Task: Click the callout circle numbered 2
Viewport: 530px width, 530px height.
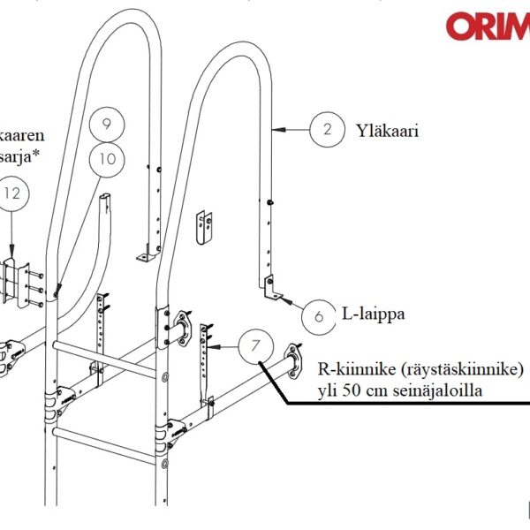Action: [327, 129]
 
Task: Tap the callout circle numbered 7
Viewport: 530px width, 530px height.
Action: [255, 345]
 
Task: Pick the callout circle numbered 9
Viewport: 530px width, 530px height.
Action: [108, 124]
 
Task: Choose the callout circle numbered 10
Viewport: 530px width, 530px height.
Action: [108, 159]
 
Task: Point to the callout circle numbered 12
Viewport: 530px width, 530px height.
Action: [11, 193]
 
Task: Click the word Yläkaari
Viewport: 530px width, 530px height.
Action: [387, 131]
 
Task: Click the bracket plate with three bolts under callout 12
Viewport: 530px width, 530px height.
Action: [16, 281]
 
